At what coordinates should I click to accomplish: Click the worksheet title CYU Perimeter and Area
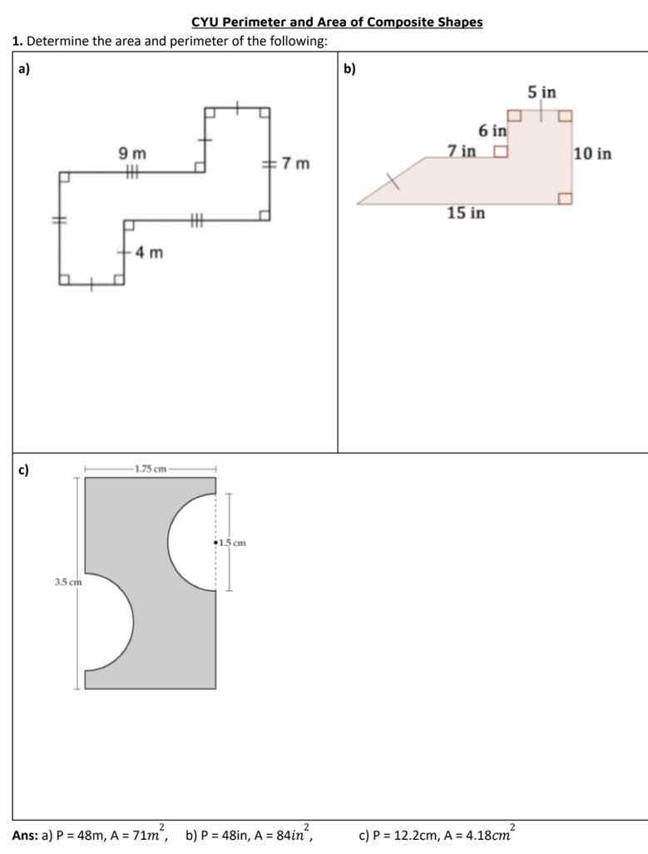tap(336, 22)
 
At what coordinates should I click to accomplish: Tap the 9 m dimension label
tap(131, 153)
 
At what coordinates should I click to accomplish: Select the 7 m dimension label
tap(294, 163)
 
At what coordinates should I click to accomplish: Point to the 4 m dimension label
tap(149, 251)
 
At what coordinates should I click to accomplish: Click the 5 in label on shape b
tap(542, 92)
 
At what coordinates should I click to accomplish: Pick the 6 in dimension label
tap(492, 131)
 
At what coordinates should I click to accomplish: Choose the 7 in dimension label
tap(462, 151)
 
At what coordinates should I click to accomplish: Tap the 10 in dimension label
tap(592, 154)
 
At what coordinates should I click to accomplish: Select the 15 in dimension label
tap(466, 213)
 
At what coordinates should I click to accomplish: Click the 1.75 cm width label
tap(150, 469)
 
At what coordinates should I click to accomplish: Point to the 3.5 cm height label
tap(68, 582)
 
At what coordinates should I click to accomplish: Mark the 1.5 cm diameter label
tap(233, 543)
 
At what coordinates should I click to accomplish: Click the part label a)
tap(23, 69)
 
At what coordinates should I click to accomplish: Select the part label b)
tap(349, 69)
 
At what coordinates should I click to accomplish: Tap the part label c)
tap(23, 469)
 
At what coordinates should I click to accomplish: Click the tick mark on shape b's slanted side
tap(392, 181)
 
